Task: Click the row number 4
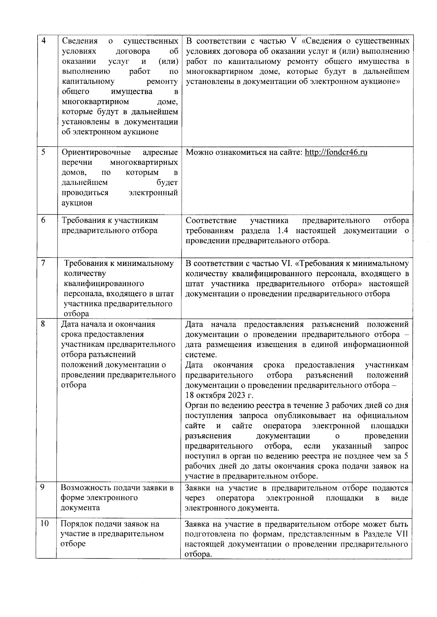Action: pyautogui.click(x=44, y=40)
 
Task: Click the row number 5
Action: pyautogui.click(x=43, y=152)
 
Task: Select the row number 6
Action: pyautogui.click(x=43, y=220)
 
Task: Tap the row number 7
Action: pyautogui.click(x=43, y=263)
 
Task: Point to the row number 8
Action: pyautogui.click(x=43, y=323)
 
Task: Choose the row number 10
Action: pyautogui.click(x=44, y=524)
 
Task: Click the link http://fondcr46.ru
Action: pyautogui.click(x=336, y=152)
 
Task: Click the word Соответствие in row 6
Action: pyautogui.click(x=211, y=220)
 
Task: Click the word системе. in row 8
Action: pyautogui.click(x=201, y=355)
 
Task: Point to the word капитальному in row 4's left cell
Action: pyautogui.click(x=88, y=81)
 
